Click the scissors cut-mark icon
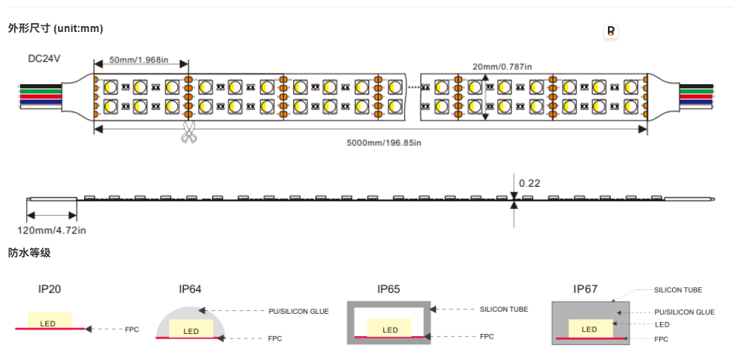(x=188, y=132)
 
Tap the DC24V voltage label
(x=44, y=59)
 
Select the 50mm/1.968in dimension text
(x=138, y=60)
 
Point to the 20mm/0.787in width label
(x=502, y=67)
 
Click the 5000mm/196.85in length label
(x=384, y=143)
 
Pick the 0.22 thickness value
(x=530, y=183)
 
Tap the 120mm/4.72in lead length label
(x=51, y=230)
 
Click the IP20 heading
(x=50, y=289)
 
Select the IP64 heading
(x=191, y=289)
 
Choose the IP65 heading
(x=388, y=289)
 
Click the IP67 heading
(x=585, y=289)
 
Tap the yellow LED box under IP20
(x=50, y=321)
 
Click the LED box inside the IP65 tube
(x=389, y=328)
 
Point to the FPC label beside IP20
(x=132, y=330)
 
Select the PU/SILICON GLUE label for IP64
(x=298, y=312)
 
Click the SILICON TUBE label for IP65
(x=504, y=309)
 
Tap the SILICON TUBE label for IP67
(x=678, y=290)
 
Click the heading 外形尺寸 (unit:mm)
(x=55, y=28)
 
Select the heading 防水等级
(x=29, y=254)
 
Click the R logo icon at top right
(x=610, y=31)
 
